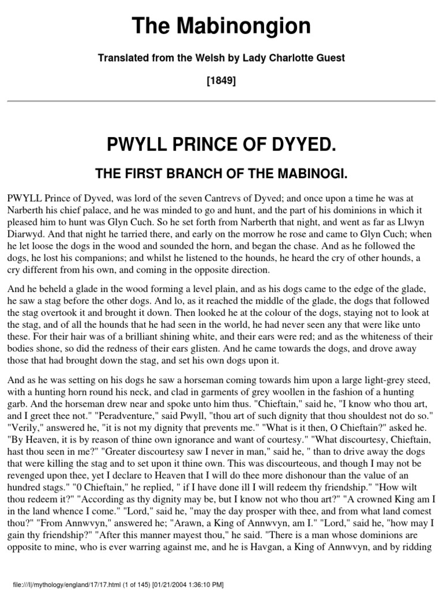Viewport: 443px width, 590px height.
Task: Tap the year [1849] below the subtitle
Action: pos(221,81)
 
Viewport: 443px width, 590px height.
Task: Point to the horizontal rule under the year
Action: pos(221,101)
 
